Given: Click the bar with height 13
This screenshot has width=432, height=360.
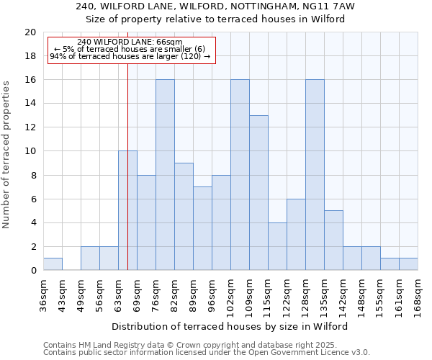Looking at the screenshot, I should (x=258, y=193).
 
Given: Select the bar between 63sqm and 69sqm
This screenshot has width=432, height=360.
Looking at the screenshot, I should (x=127, y=211).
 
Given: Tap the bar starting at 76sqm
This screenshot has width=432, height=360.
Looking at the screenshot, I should (x=165, y=175).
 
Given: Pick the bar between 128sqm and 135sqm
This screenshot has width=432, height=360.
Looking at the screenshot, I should (x=315, y=175).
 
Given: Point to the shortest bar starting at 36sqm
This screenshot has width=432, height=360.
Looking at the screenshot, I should (x=53, y=264).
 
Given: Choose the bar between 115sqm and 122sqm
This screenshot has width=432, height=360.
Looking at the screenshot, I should (x=277, y=246).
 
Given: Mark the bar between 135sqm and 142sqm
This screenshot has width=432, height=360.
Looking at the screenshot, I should (x=333, y=240).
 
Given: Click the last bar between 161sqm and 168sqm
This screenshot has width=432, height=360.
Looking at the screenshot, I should (x=408, y=264).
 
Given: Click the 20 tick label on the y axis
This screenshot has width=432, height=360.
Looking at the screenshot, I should (x=30, y=32).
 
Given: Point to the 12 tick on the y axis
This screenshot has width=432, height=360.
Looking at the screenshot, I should (x=30, y=127).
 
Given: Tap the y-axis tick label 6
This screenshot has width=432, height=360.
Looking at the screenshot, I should (x=32, y=199).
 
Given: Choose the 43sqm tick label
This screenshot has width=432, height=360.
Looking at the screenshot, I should (x=62, y=291).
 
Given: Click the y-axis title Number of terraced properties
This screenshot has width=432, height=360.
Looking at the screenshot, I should (x=6, y=155).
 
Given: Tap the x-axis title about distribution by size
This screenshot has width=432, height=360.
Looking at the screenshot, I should (x=230, y=326).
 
